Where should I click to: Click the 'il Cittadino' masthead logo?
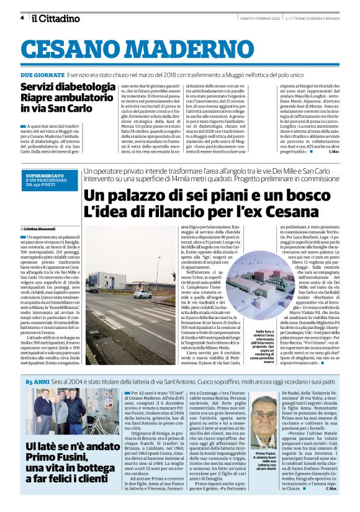[x=56, y=18]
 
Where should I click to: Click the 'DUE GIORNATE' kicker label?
[x=41, y=74]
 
